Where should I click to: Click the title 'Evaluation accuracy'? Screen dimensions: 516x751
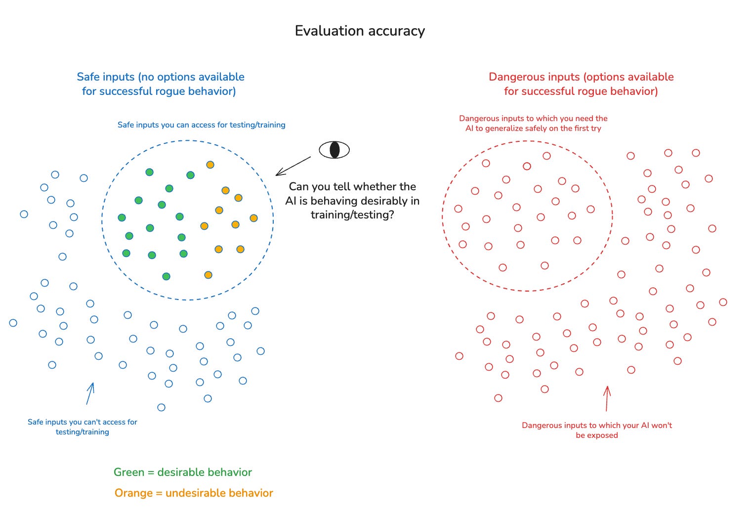click(360, 31)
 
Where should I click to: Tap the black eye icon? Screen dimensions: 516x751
click(334, 150)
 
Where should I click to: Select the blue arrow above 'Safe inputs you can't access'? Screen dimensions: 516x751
click(90, 393)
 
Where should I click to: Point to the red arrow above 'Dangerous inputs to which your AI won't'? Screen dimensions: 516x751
click(607, 398)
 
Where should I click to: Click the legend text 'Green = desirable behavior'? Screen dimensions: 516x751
click(183, 472)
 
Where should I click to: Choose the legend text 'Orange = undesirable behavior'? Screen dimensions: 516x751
click(194, 493)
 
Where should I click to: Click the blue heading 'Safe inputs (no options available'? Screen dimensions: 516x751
click(161, 77)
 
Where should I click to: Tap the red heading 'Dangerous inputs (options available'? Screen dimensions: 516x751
click(581, 77)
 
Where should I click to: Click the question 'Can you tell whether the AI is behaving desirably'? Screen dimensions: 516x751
click(352, 200)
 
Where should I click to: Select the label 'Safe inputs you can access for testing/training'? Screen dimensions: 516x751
click(201, 125)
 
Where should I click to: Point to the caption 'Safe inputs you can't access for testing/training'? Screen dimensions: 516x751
click(83, 427)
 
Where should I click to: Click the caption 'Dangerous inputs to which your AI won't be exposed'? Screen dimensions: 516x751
click(597, 430)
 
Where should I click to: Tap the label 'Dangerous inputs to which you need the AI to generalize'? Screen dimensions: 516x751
click(533, 123)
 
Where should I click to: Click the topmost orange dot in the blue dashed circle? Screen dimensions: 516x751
click(210, 165)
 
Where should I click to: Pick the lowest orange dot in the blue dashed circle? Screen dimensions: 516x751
click(208, 275)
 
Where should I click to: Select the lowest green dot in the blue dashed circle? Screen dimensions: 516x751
click(167, 276)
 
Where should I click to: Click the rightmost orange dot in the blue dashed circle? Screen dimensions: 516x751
click(253, 218)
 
